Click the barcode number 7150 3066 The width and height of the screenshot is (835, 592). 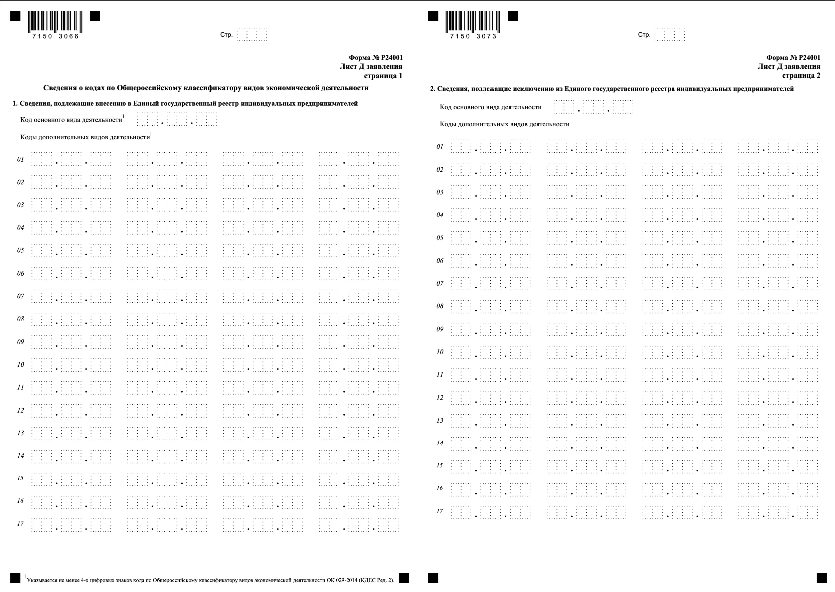pyautogui.click(x=55, y=36)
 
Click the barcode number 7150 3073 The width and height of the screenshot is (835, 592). pyautogui.click(x=473, y=36)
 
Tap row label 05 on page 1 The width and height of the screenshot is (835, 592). pyautogui.click(x=20, y=251)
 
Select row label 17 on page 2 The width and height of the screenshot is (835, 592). pyautogui.click(x=440, y=511)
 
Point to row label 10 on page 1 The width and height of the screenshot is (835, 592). pyautogui.click(x=20, y=364)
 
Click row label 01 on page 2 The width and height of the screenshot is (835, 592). pyautogui.click(x=440, y=147)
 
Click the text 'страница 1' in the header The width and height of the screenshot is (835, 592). pyautogui.click(x=383, y=76)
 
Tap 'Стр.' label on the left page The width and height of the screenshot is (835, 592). pyautogui.click(x=226, y=35)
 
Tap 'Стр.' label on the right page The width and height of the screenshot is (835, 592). pyautogui.click(x=644, y=35)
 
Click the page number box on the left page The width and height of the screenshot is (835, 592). pyautogui.click(x=252, y=35)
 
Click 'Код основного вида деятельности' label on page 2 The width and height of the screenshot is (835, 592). pyautogui.click(x=491, y=107)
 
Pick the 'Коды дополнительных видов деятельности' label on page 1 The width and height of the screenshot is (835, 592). pyautogui.click(x=85, y=137)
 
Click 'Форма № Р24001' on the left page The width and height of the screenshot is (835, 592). pyautogui.click(x=376, y=57)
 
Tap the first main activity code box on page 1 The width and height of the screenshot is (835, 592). pyautogui.click(x=142, y=120)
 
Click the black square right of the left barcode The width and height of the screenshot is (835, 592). pyautogui.click(x=95, y=16)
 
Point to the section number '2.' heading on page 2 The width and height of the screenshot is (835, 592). pyautogui.click(x=433, y=89)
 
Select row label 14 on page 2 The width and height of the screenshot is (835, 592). pyautogui.click(x=440, y=443)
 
